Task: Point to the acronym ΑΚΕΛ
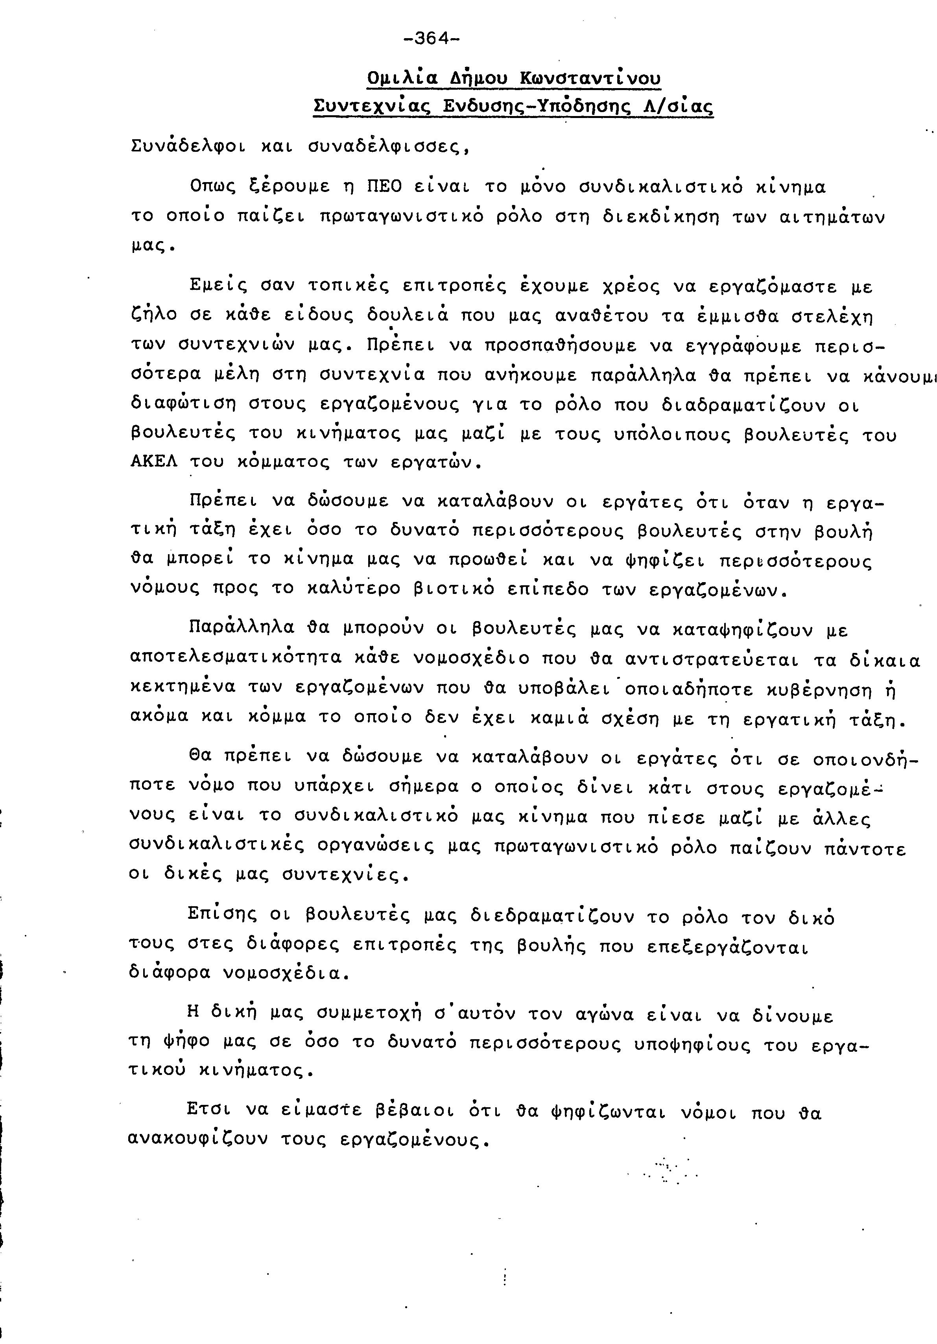[153, 463]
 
